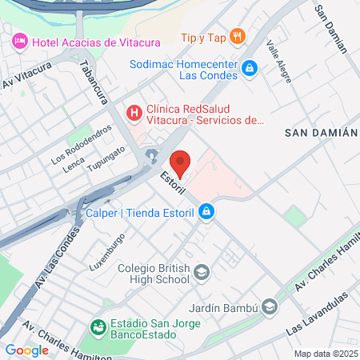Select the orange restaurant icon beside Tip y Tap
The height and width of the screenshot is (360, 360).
click(237, 36)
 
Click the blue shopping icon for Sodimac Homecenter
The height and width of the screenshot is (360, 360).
click(250, 69)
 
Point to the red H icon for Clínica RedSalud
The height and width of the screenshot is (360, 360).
click(134, 112)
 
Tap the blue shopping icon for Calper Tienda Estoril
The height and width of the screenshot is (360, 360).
click(206, 212)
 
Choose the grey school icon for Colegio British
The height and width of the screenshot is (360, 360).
click(201, 274)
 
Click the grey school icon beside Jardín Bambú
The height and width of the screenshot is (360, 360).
click(271, 307)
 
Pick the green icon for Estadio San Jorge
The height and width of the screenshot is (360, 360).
click(98, 326)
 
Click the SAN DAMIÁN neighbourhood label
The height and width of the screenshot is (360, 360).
click(320, 133)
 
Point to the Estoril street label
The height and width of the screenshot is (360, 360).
click(172, 182)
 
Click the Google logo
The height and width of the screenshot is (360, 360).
click(26, 350)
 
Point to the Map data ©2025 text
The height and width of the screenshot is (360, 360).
click(323, 353)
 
